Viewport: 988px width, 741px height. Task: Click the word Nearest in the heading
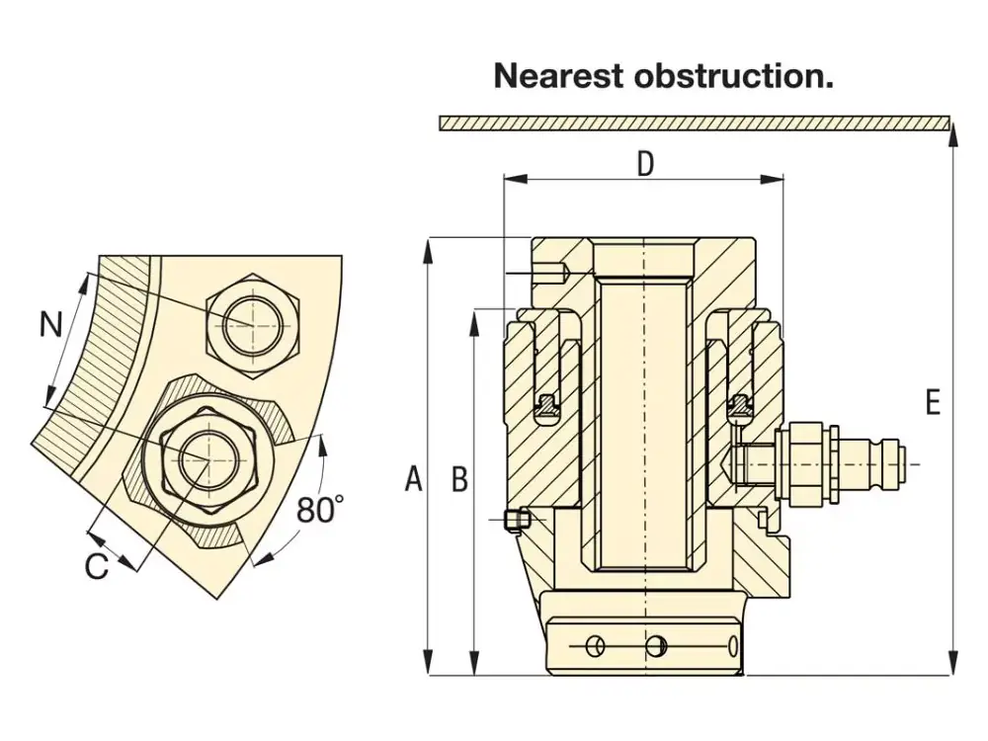tap(559, 75)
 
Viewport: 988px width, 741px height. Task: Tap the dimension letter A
tap(414, 479)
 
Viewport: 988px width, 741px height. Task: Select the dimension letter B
tap(459, 479)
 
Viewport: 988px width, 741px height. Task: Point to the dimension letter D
tap(645, 164)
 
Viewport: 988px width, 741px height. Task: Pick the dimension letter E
tap(932, 402)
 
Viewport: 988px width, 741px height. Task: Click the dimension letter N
tap(50, 323)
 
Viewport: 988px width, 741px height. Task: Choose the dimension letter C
tap(96, 567)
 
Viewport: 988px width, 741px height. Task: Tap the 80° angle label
tap(320, 510)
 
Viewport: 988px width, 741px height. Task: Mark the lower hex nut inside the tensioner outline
tap(208, 459)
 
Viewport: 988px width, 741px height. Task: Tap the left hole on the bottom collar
tap(594, 646)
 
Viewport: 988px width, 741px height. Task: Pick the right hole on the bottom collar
tap(654, 646)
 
